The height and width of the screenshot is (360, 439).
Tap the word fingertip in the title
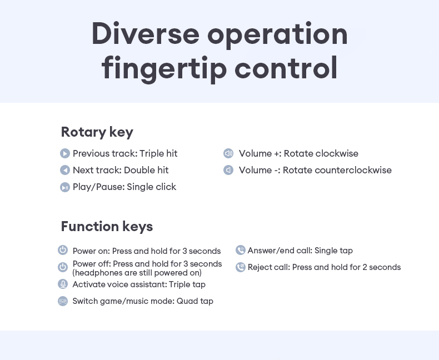click(164, 68)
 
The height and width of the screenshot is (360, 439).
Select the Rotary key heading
click(97, 132)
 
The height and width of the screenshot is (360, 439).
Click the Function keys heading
click(107, 227)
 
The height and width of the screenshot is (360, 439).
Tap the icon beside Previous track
click(65, 154)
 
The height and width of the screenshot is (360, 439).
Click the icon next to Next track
click(65, 171)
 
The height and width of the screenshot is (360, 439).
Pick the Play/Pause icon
click(65, 187)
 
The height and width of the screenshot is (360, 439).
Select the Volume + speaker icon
click(228, 154)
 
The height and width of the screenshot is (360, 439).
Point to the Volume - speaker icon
click(228, 171)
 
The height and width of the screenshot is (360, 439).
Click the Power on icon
click(63, 251)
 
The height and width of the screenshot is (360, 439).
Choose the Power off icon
click(63, 267)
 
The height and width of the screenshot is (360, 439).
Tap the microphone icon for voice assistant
click(63, 284)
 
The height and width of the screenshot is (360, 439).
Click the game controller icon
click(63, 301)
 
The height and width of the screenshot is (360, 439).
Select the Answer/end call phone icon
click(241, 251)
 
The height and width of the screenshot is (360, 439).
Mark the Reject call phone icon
click(241, 267)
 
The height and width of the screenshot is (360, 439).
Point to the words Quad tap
click(195, 301)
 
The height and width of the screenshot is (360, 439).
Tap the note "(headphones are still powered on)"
click(137, 273)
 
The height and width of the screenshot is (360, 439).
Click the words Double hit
click(146, 171)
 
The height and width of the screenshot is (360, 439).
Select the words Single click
click(151, 187)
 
